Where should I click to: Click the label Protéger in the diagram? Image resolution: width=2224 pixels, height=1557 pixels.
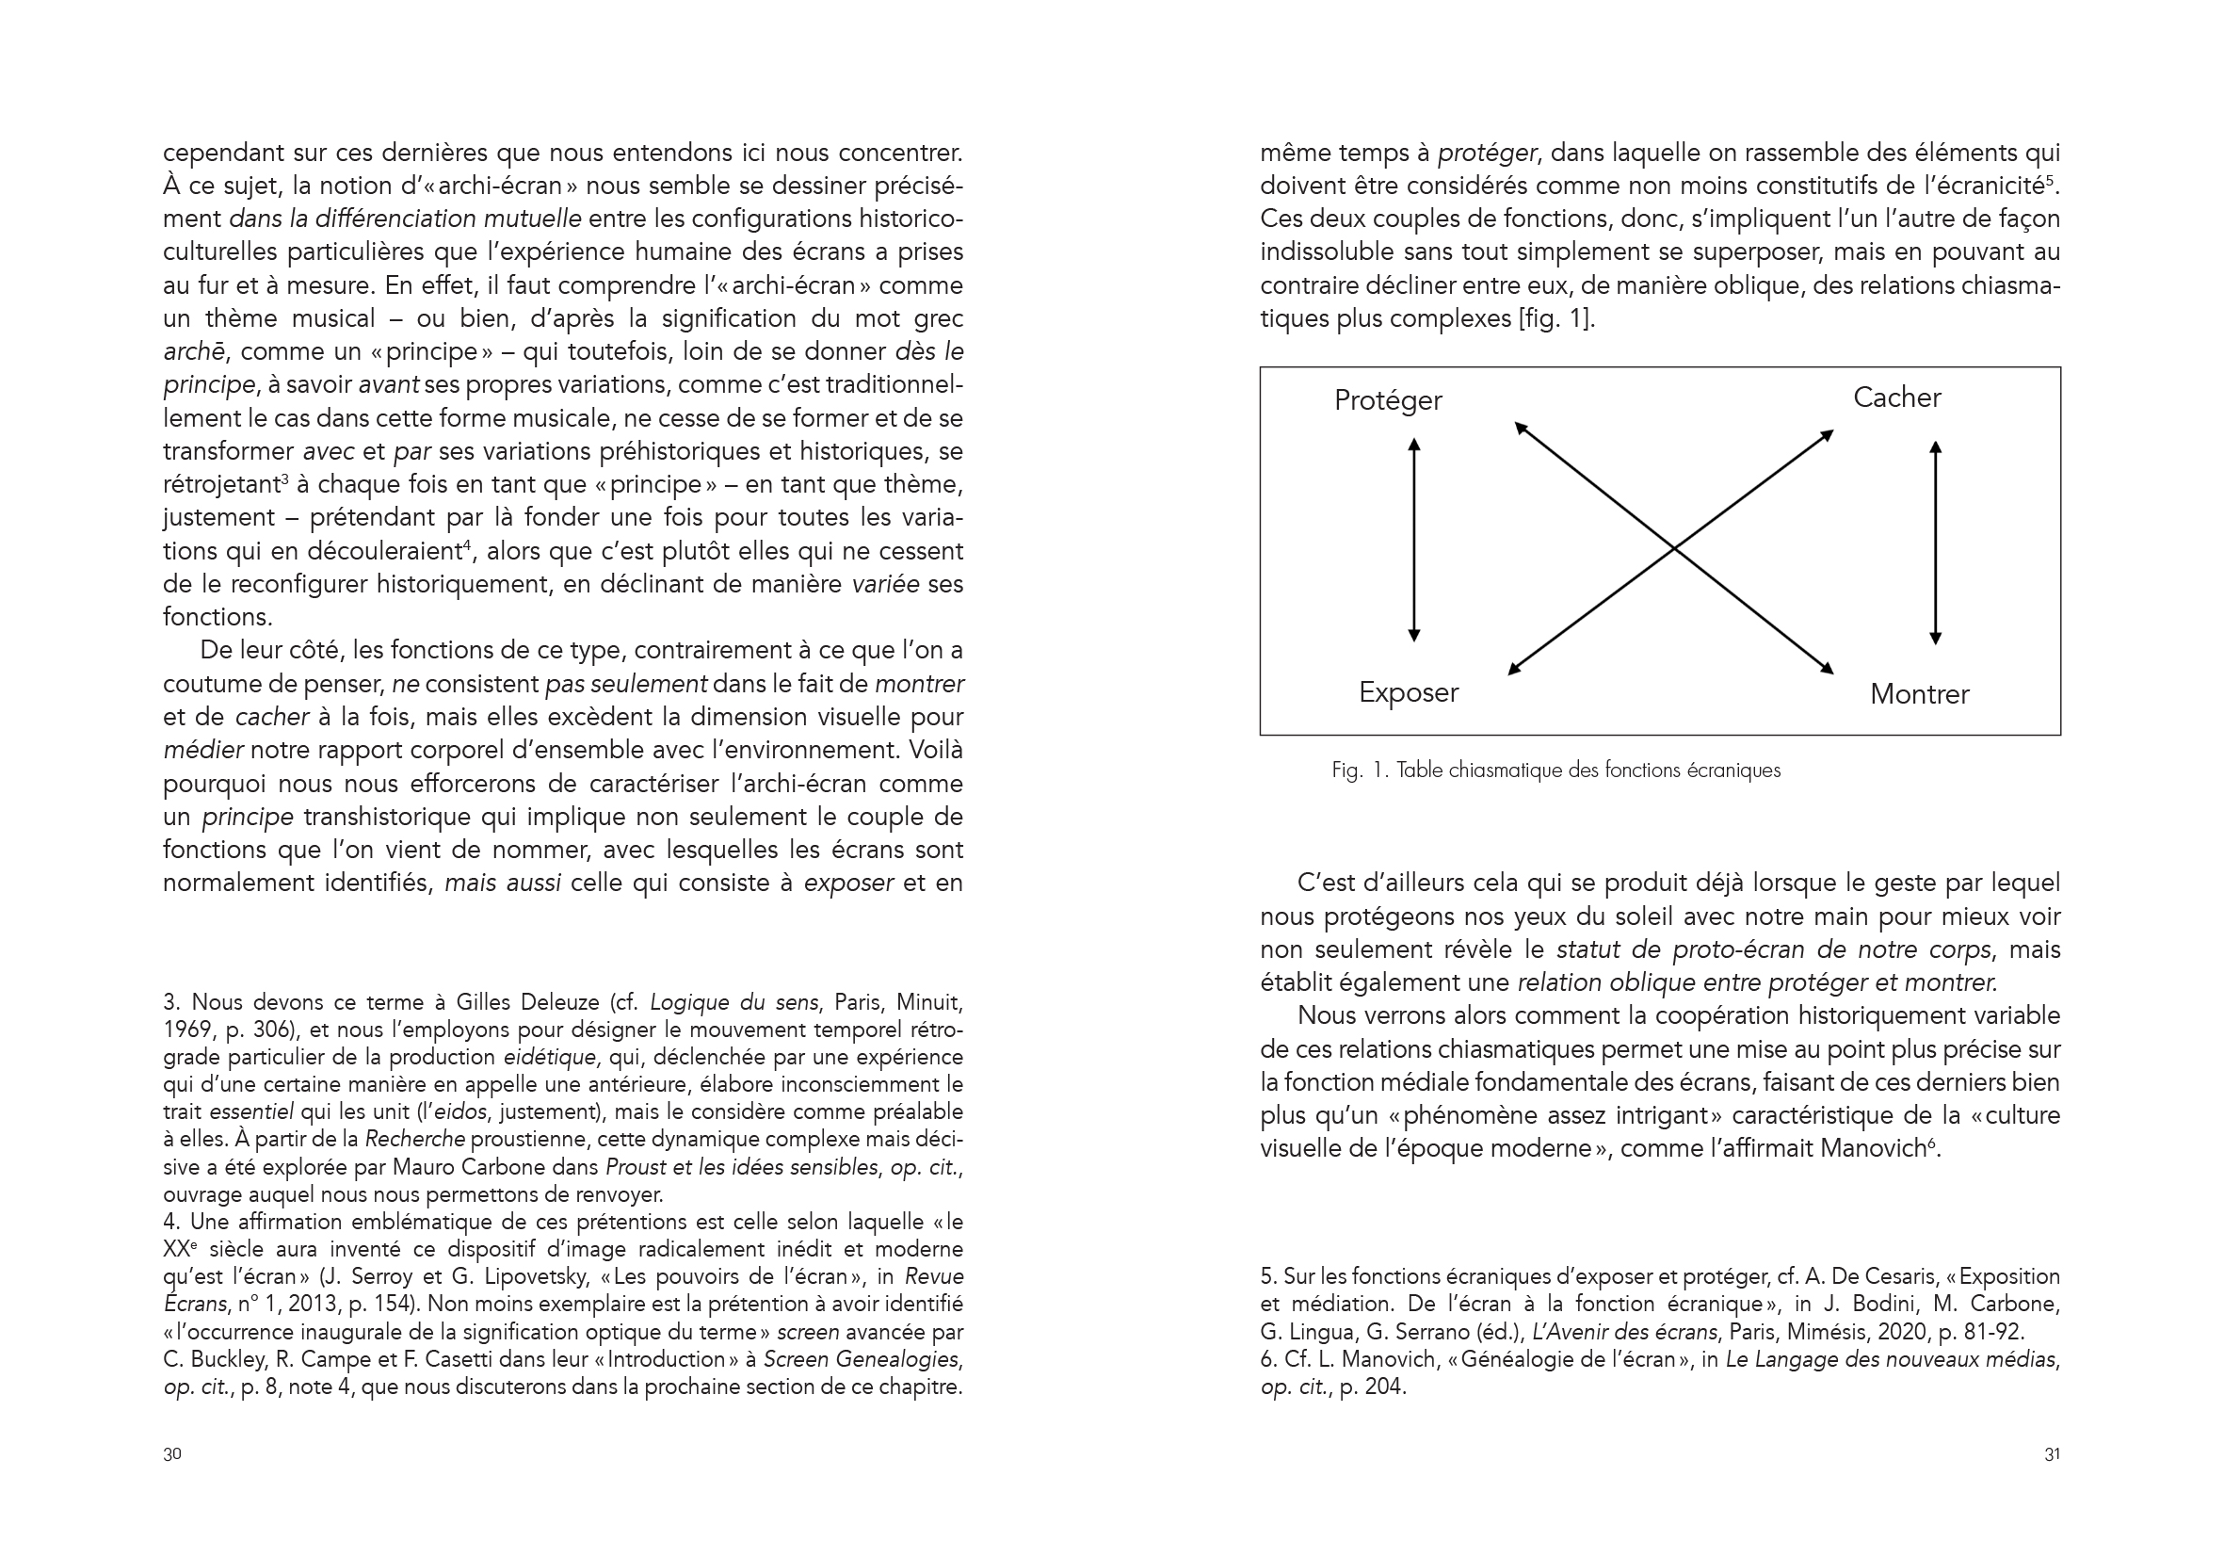pos(1387,400)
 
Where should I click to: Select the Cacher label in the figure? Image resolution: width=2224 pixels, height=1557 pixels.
pos(1895,397)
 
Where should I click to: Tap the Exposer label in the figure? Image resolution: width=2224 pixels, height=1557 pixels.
pos(1408,691)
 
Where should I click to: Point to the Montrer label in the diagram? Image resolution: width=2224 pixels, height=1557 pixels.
pos(1919,693)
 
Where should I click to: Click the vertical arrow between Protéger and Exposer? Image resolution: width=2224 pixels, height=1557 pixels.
pos(1414,540)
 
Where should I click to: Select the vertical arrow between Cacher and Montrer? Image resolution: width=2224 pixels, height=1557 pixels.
pos(1935,543)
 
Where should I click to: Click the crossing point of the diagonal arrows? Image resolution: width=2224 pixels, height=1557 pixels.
pos(1674,549)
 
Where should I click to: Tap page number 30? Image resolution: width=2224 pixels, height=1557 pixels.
pos(172,1453)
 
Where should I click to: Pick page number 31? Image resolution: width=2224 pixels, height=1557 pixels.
pos(2052,1453)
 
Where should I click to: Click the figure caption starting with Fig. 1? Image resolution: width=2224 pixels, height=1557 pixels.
pos(1555,770)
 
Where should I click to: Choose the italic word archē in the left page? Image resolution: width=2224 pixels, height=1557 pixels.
pos(194,351)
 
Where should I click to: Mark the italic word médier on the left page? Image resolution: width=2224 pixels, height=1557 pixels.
pos(201,750)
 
